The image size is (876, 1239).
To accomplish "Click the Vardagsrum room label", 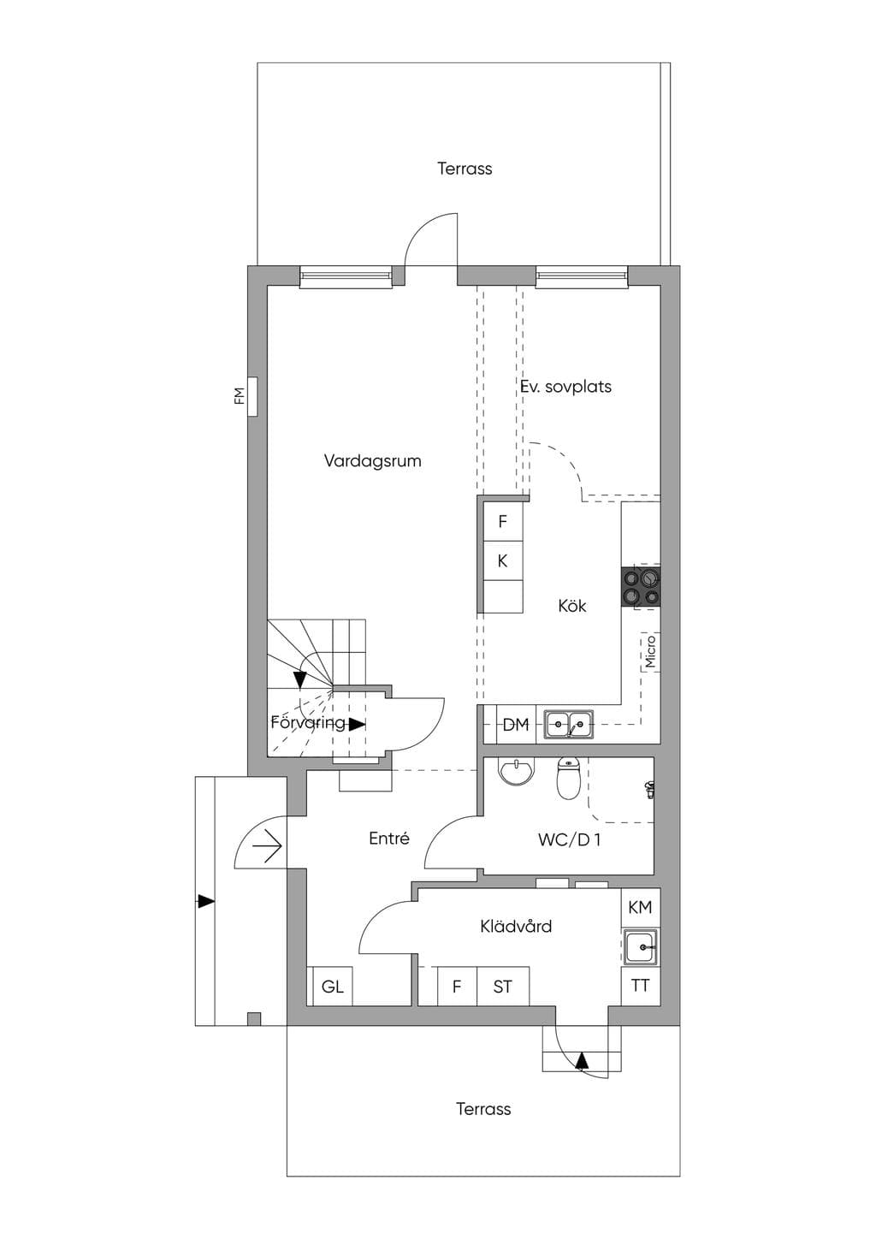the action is (x=372, y=461).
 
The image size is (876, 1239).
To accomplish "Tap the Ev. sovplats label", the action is (x=565, y=386).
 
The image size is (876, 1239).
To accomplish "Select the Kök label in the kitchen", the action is (x=571, y=606).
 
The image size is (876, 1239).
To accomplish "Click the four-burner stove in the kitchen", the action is (x=641, y=587).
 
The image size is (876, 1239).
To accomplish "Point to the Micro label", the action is (x=650, y=651).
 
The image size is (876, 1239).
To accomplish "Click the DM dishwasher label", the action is (x=516, y=724).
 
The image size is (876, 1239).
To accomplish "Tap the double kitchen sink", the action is (x=569, y=725).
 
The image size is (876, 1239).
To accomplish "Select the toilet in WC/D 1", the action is (x=567, y=779).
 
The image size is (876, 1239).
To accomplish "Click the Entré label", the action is (x=389, y=839).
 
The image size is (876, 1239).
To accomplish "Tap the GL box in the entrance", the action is (x=332, y=986).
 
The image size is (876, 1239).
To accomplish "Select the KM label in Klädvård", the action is (x=641, y=907).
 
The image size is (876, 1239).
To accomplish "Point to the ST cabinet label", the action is (x=502, y=987).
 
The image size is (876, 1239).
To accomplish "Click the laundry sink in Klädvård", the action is (x=641, y=946).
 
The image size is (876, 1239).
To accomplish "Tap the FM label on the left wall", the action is (x=239, y=395).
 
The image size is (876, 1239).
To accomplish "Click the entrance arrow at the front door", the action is (x=268, y=845).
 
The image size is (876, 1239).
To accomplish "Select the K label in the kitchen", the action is (x=502, y=560).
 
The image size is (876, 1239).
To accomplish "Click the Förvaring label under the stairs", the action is (x=307, y=723).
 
